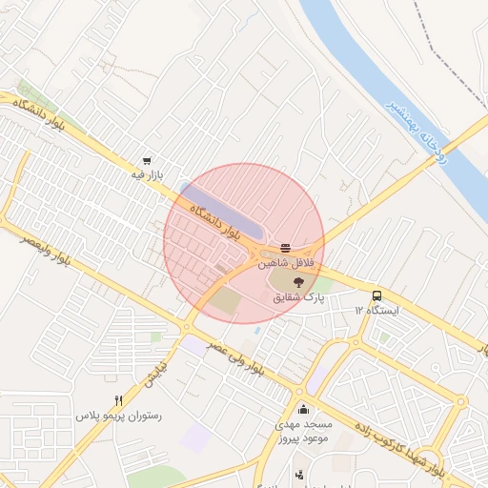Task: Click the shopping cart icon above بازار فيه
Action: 146,161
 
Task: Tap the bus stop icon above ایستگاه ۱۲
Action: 377,295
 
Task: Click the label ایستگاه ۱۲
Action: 377,311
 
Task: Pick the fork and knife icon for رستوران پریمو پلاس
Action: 118,401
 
